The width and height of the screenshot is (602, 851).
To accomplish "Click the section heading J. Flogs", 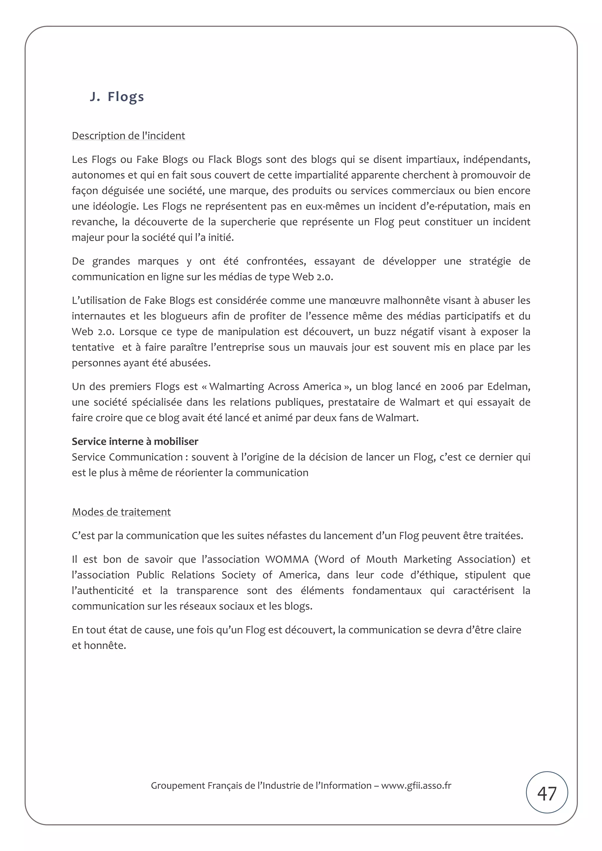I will tap(116, 96).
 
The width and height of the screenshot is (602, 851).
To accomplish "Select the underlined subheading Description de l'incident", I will tap(128, 136).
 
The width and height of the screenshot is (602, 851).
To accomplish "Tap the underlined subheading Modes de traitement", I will tap(121, 512).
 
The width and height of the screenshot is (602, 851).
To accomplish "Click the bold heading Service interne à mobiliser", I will tap(135, 441).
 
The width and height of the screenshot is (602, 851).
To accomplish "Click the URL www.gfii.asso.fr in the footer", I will tap(416, 786).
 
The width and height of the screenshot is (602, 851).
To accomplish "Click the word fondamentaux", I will tap(387, 591).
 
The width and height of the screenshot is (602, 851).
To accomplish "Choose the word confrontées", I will tap(276, 261).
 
